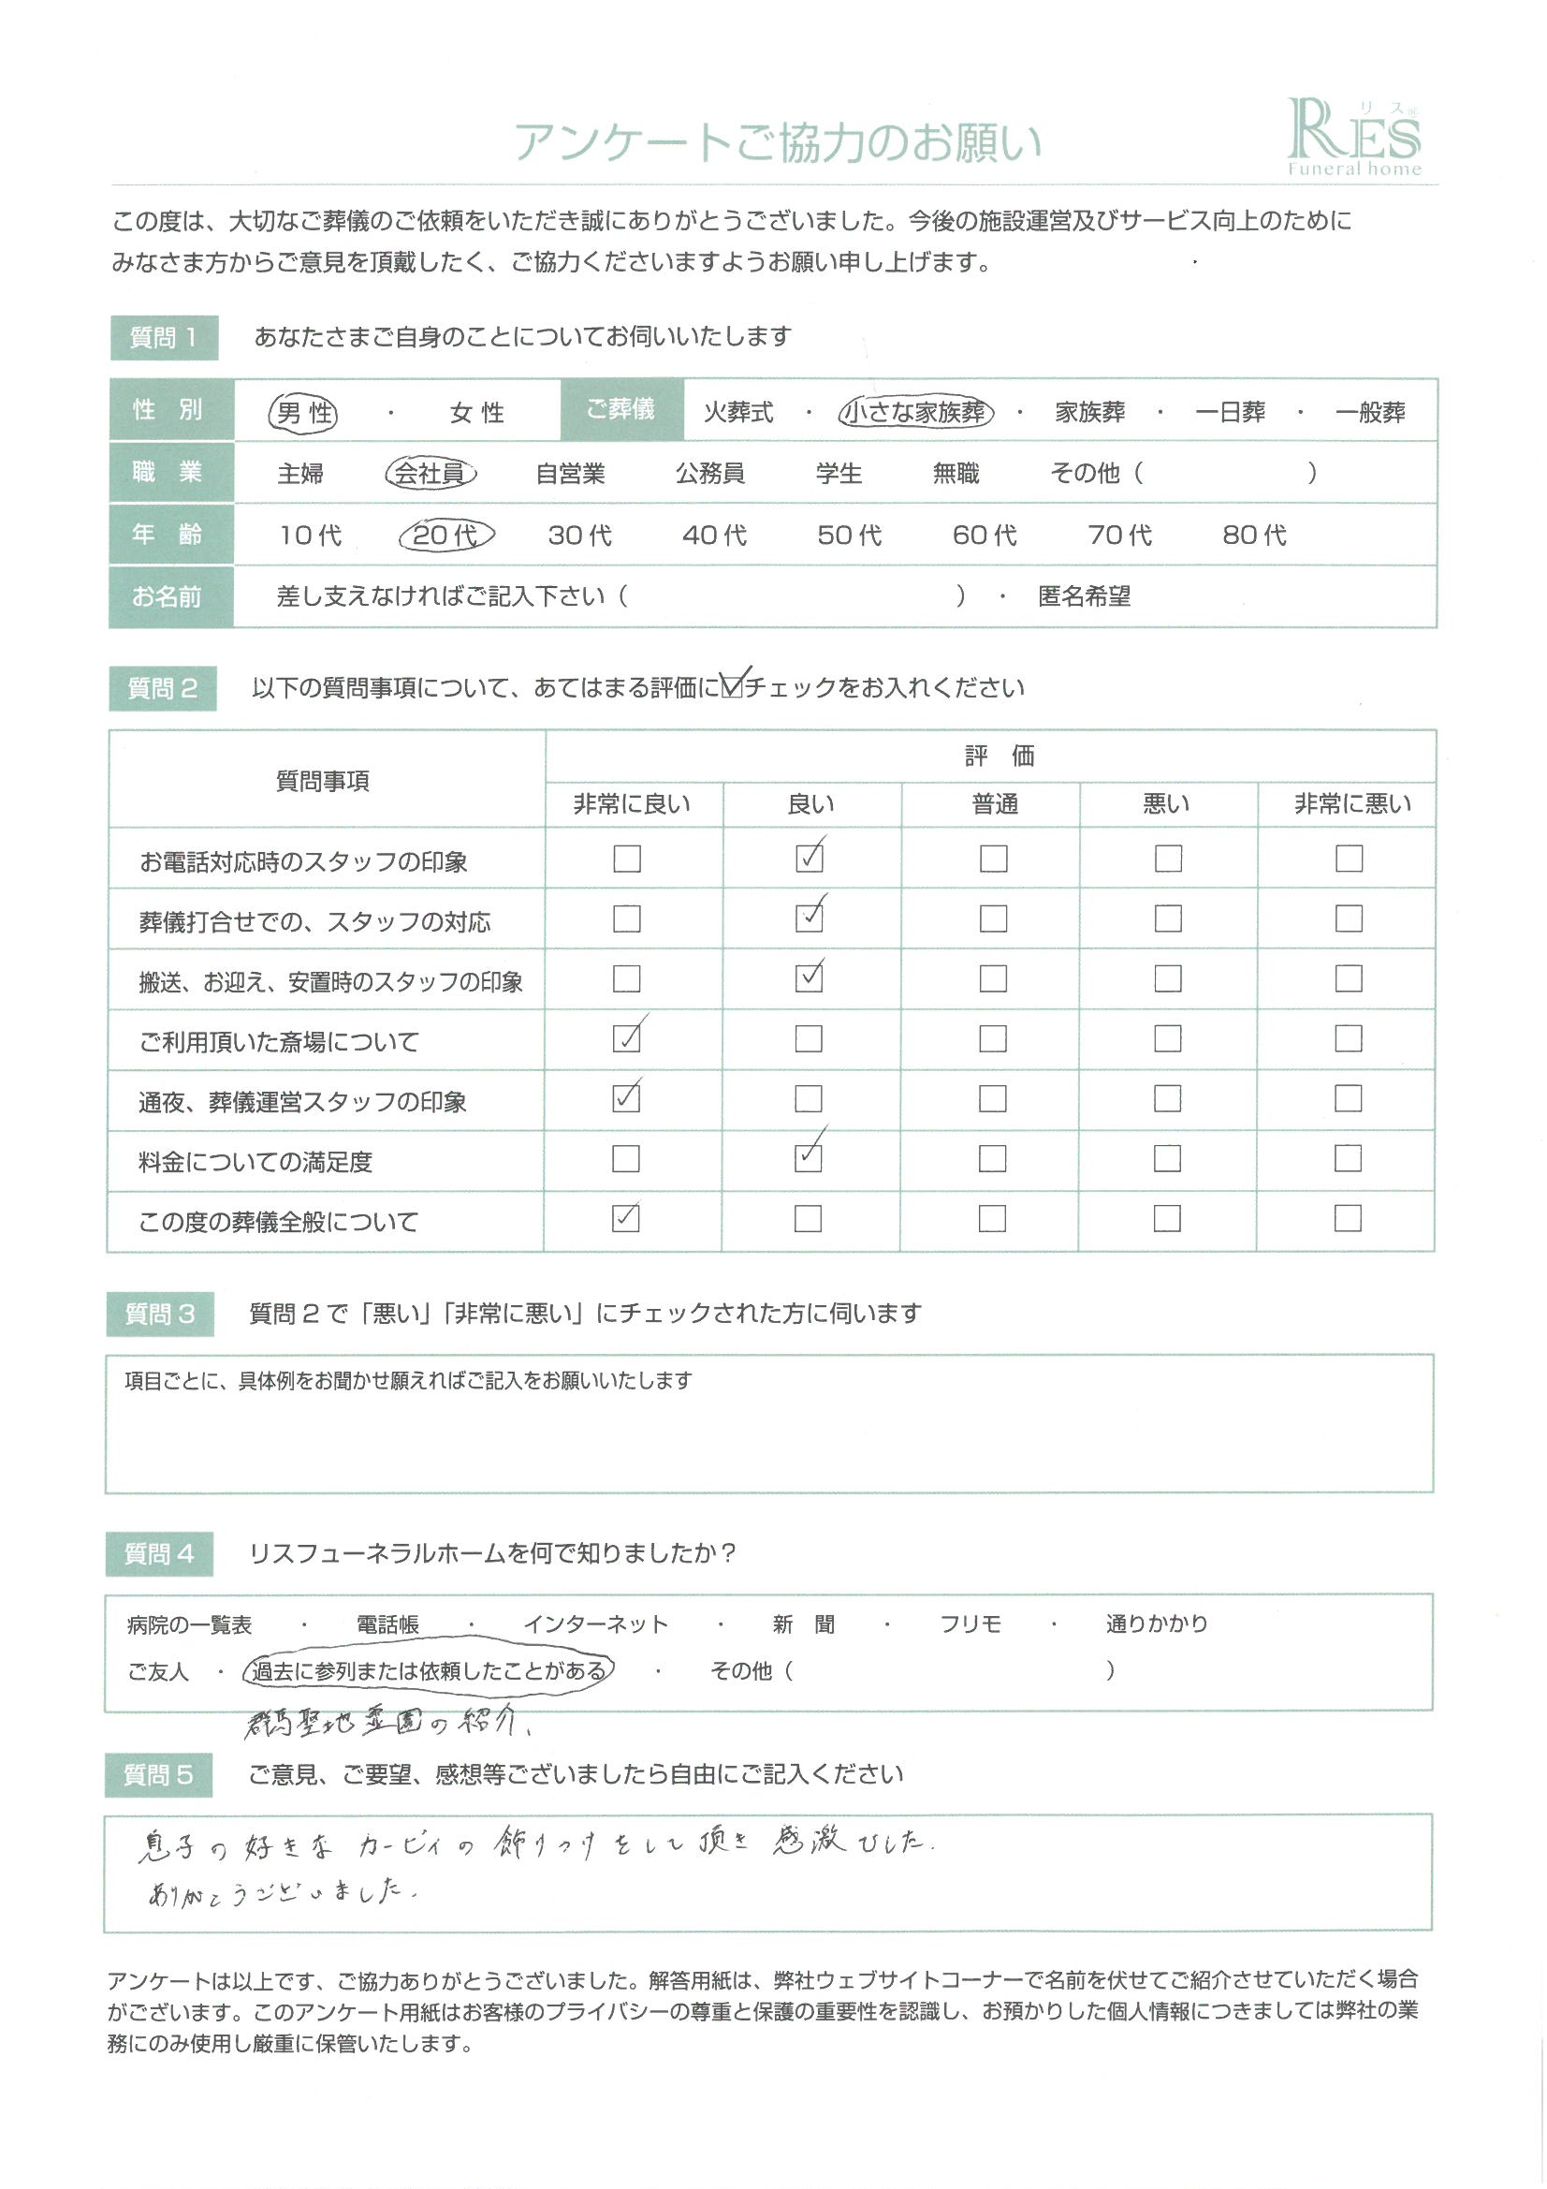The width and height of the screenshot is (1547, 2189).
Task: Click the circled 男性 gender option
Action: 304,413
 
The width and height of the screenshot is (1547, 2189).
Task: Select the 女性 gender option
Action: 476,413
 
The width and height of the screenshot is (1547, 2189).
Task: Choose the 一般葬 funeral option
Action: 1370,412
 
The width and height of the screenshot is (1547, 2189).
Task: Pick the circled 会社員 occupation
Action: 431,473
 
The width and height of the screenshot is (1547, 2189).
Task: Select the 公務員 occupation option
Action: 710,473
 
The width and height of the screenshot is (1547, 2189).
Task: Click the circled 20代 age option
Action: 446,535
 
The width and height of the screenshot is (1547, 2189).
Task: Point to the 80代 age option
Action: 1254,535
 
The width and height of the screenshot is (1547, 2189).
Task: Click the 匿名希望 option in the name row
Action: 1084,596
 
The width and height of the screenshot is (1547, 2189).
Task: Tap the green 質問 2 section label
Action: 163,688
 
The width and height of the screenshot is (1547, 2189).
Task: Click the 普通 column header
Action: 994,804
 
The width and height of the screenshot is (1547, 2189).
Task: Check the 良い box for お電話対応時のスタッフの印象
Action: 810,859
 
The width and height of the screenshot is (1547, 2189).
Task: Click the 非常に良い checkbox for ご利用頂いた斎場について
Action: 626,1038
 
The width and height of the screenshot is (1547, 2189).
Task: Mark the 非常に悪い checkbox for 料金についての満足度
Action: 1348,1158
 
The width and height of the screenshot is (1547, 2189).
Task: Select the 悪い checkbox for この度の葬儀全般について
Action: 1168,1218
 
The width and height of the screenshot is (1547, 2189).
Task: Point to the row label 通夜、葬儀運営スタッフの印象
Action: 303,1102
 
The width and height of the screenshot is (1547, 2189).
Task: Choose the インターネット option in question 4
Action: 596,1624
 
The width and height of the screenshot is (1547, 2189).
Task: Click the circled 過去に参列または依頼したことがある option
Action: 428,1671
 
